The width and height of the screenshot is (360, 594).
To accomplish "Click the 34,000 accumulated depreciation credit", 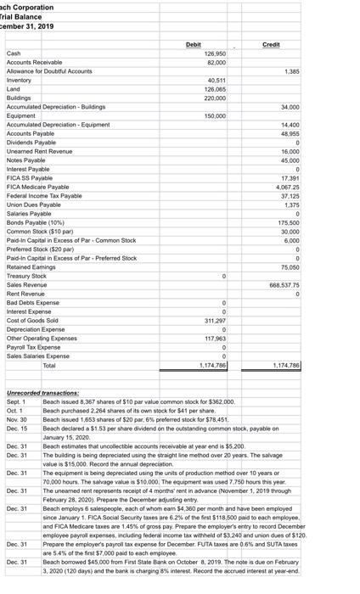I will click(x=290, y=107).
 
